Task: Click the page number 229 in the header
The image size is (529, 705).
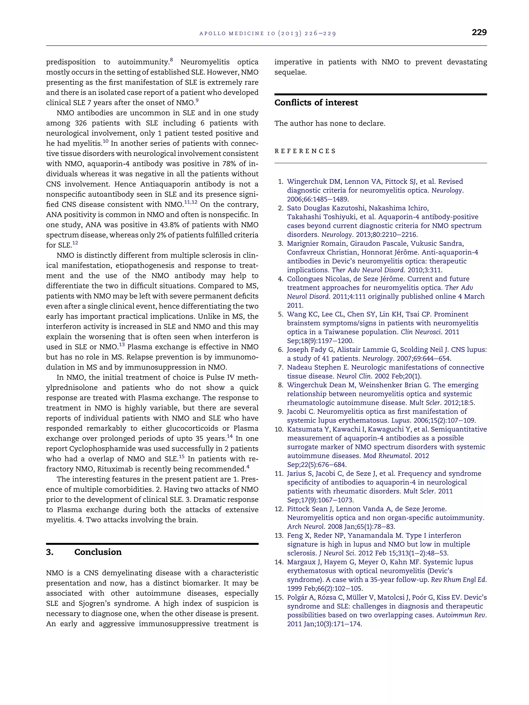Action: pyautogui.click(x=479, y=33)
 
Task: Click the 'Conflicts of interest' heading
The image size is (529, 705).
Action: pyautogui.click(x=316, y=103)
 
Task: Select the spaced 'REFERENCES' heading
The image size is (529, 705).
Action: pyautogui.click(x=305, y=151)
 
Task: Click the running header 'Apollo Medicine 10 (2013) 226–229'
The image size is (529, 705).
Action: pyautogui.click(x=268, y=34)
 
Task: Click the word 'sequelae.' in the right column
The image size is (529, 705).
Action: pyautogui.click(x=291, y=72)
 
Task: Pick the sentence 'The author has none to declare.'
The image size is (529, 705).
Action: pyautogui.click(x=330, y=123)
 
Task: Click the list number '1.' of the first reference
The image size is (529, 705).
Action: pyautogui.click(x=281, y=182)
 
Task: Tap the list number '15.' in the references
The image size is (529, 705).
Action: pyautogui.click(x=279, y=598)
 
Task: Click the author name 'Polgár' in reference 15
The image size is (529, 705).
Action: pyautogui.click(x=298, y=598)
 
